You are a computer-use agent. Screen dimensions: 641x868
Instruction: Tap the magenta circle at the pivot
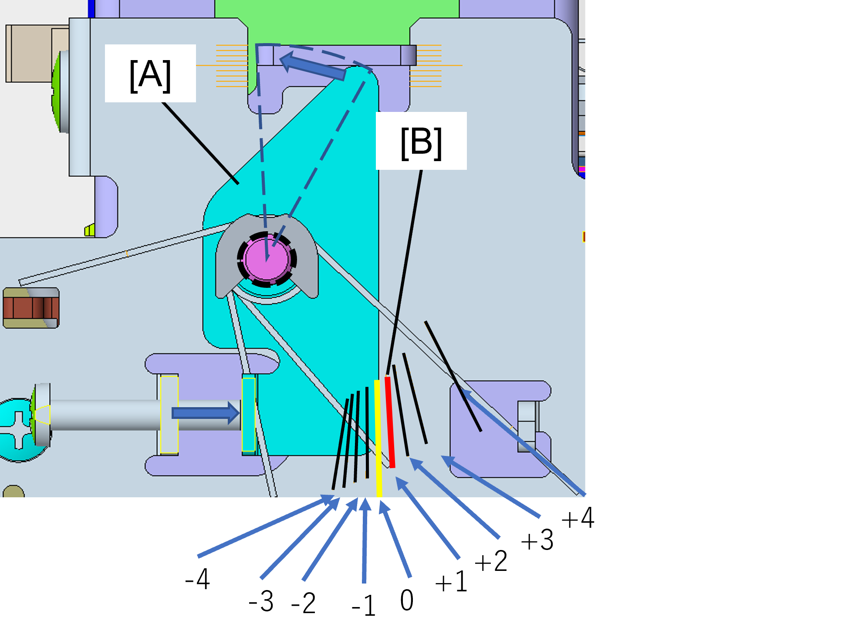point(267,260)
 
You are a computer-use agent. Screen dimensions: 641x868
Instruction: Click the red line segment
point(390,422)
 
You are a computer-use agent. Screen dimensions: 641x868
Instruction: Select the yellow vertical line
point(378,438)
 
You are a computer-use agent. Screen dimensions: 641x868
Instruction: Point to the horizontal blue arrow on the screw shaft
point(205,413)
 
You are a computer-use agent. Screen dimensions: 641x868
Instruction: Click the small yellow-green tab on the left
point(90,230)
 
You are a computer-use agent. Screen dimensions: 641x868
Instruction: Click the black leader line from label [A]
point(200,143)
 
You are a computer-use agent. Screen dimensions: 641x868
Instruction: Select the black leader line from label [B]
point(405,270)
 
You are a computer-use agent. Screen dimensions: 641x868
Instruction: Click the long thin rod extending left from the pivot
point(122,254)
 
